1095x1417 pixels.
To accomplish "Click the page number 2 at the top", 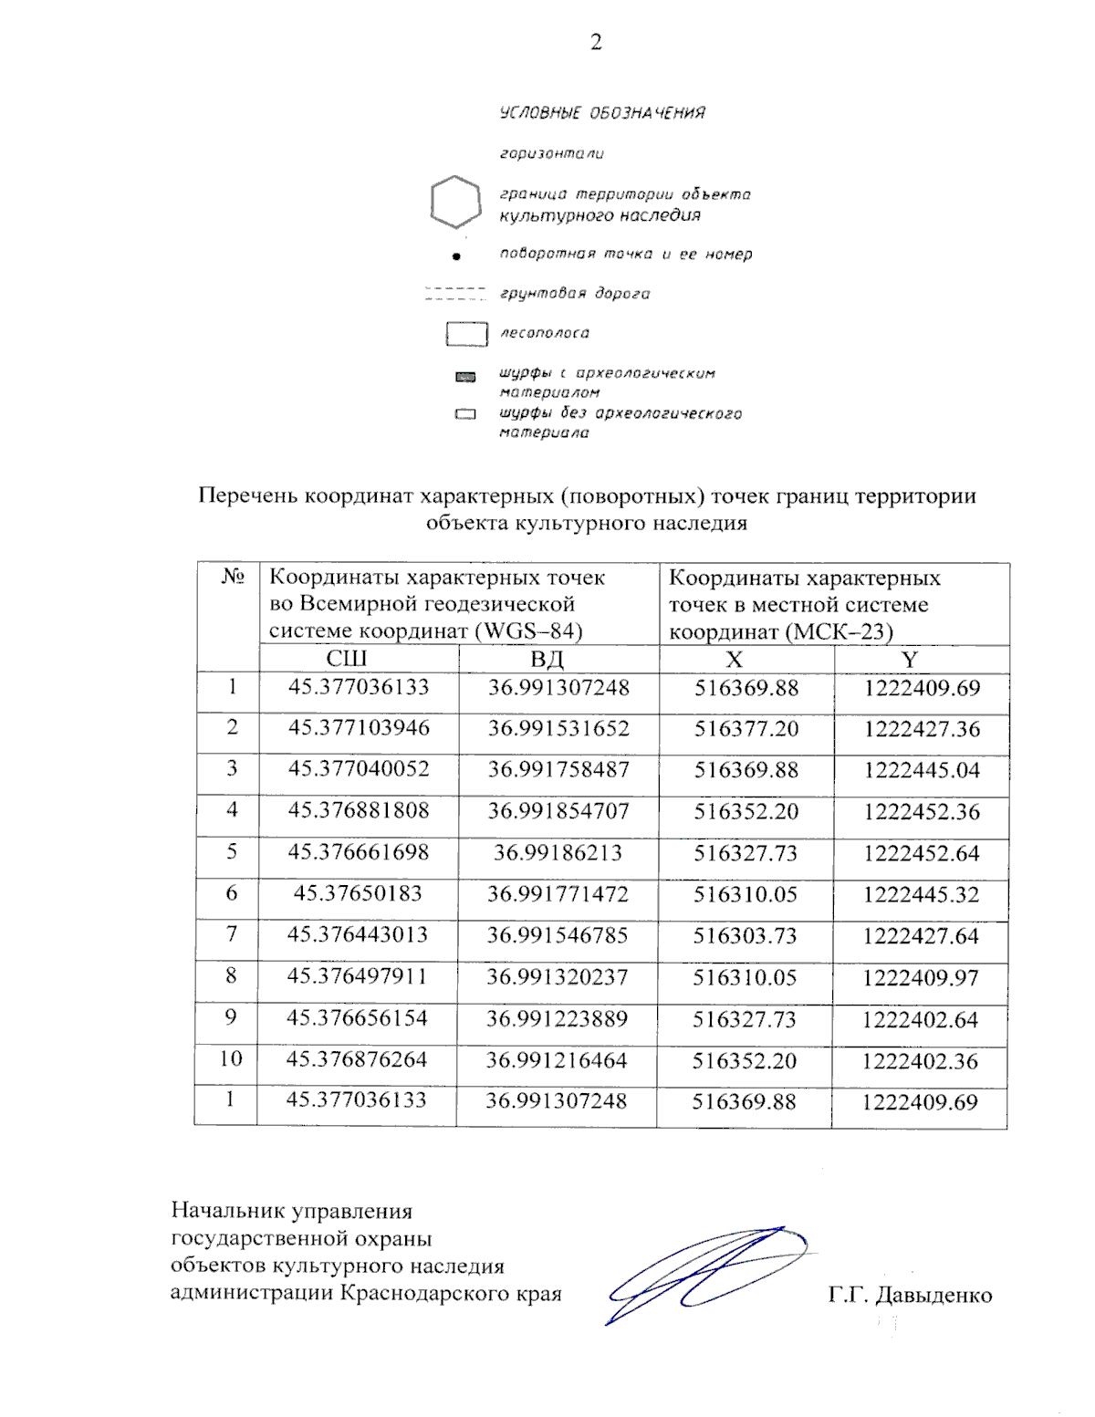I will [596, 42].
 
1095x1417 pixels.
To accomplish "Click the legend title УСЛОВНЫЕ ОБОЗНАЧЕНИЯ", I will [602, 113].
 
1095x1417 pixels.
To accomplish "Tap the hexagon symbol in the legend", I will [455, 203].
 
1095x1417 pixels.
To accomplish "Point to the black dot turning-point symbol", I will [457, 256].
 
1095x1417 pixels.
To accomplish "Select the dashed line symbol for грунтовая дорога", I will [455, 294].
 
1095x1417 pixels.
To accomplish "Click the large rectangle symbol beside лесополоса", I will [466, 334].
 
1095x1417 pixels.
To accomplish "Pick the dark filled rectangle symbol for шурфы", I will [466, 376].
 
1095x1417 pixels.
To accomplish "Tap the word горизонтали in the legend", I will [551, 154].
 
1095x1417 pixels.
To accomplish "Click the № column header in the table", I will [232, 577].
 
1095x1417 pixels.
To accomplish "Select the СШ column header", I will [347, 659].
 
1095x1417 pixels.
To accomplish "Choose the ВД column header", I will [547, 659].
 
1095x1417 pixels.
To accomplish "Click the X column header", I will [734, 659].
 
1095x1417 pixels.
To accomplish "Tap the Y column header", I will [909, 659].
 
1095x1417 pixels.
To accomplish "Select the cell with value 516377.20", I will [746, 729].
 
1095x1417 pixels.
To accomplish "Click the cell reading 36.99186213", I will [558, 853].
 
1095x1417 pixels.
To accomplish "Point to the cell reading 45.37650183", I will [358, 893].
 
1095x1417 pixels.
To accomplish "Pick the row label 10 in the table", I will [230, 1058].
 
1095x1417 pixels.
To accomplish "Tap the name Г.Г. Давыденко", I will [910, 1296].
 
